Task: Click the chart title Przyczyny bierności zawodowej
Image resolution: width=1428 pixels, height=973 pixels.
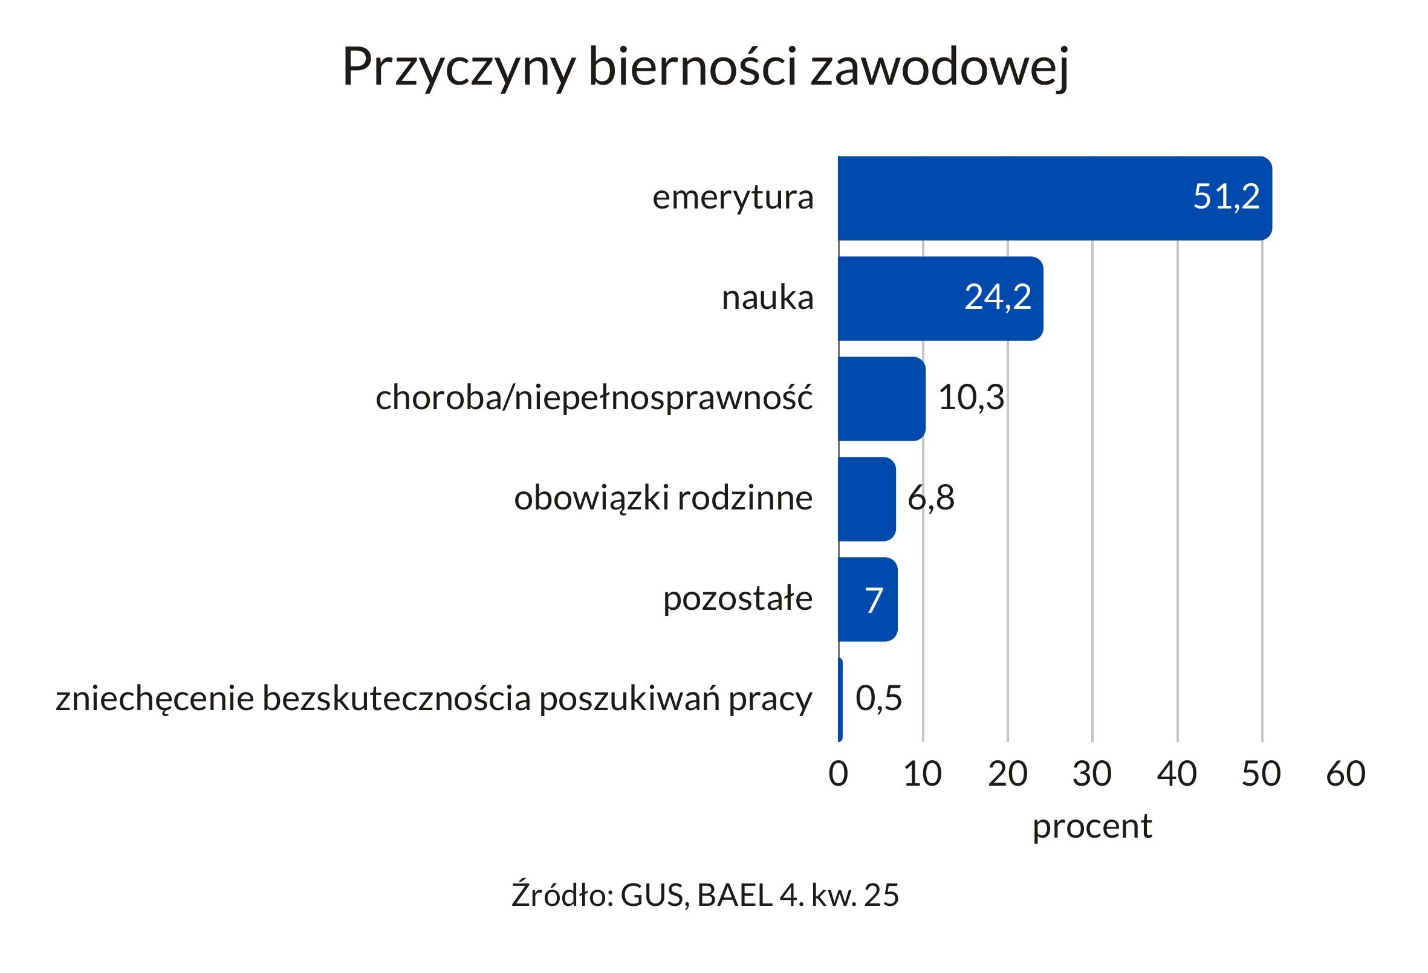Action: click(705, 68)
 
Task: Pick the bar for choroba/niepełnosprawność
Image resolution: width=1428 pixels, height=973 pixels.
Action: click(881, 399)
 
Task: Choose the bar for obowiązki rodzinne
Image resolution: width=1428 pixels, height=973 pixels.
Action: click(866, 499)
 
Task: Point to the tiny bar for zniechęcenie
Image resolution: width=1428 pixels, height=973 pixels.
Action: click(840, 699)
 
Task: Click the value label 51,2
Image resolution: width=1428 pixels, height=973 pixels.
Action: click(1226, 197)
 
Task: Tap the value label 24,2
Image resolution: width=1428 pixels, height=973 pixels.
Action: click(998, 297)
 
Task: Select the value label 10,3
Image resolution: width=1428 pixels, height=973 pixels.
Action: click(971, 398)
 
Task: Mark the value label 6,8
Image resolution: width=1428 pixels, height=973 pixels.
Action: click(931, 497)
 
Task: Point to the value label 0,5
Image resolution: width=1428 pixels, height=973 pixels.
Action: click(878, 698)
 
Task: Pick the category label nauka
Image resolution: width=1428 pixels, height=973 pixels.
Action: click(767, 299)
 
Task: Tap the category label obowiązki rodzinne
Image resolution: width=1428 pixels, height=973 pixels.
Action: click(663, 498)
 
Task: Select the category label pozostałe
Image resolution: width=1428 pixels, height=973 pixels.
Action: click(738, 599)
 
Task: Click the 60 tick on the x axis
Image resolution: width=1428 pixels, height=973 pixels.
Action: click(1346, 774)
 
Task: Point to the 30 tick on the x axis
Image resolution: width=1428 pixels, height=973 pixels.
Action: click(1092, 774)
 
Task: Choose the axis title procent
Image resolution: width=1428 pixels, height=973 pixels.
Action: click(1092, 827)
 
